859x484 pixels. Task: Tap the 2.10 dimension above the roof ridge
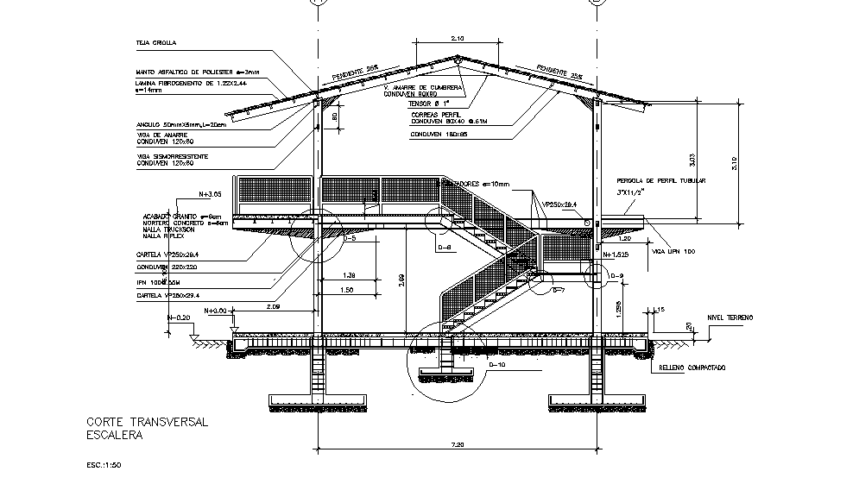pyautogui.click(x=458, y=38)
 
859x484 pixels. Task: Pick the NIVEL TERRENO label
pyautogui.click(x=730, y=317)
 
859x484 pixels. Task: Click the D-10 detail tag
pyautogui.click(x=498, y=365)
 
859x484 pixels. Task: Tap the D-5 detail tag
pyautogui.click(x=349, y=237)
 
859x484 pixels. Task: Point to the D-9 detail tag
pyautogui.click(x=616, y=276)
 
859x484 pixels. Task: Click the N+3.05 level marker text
pyautogui.click(x=211, y=194)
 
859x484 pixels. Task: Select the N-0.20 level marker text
pyautogui.click(x=179, y=317)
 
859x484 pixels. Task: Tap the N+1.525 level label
pyautogui.click(x=620, y=255)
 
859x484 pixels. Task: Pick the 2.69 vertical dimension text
pyautogui.click(x=404, y=280)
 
